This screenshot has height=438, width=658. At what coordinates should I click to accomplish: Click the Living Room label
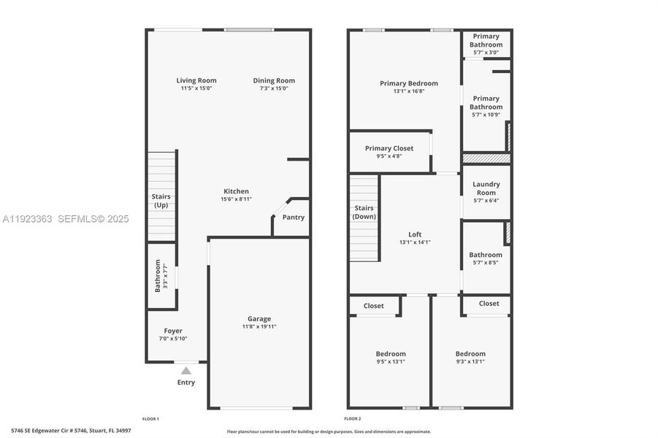click(196, 80)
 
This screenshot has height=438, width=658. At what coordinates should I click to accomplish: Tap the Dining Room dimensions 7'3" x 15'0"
click(274, 88)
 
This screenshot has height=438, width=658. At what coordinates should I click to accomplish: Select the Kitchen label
click(237, 191)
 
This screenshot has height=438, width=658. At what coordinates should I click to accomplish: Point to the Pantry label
click(294, 218)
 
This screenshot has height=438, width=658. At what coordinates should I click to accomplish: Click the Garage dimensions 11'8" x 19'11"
click(259, 326)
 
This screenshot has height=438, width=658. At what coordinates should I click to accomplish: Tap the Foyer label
click(173, 331)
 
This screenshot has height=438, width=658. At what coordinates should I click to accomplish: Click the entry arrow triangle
click(186, 371)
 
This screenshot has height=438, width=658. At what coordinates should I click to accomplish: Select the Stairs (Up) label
click(161, 201)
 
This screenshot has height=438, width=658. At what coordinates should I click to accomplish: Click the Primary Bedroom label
click(409, 83)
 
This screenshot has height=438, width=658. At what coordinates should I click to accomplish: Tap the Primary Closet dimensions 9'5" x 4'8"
click(389, 155)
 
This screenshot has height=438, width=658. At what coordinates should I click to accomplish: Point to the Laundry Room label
click(486, 188)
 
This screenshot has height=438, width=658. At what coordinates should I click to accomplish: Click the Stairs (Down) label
click(364, 212)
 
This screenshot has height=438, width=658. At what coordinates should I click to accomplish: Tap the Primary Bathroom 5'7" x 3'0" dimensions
click(486, 53)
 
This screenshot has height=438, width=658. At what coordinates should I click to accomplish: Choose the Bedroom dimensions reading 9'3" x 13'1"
click(470, 361)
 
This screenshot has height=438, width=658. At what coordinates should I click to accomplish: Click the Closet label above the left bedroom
click(374, 306)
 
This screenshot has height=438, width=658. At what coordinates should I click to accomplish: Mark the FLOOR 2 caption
click(353, 418)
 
